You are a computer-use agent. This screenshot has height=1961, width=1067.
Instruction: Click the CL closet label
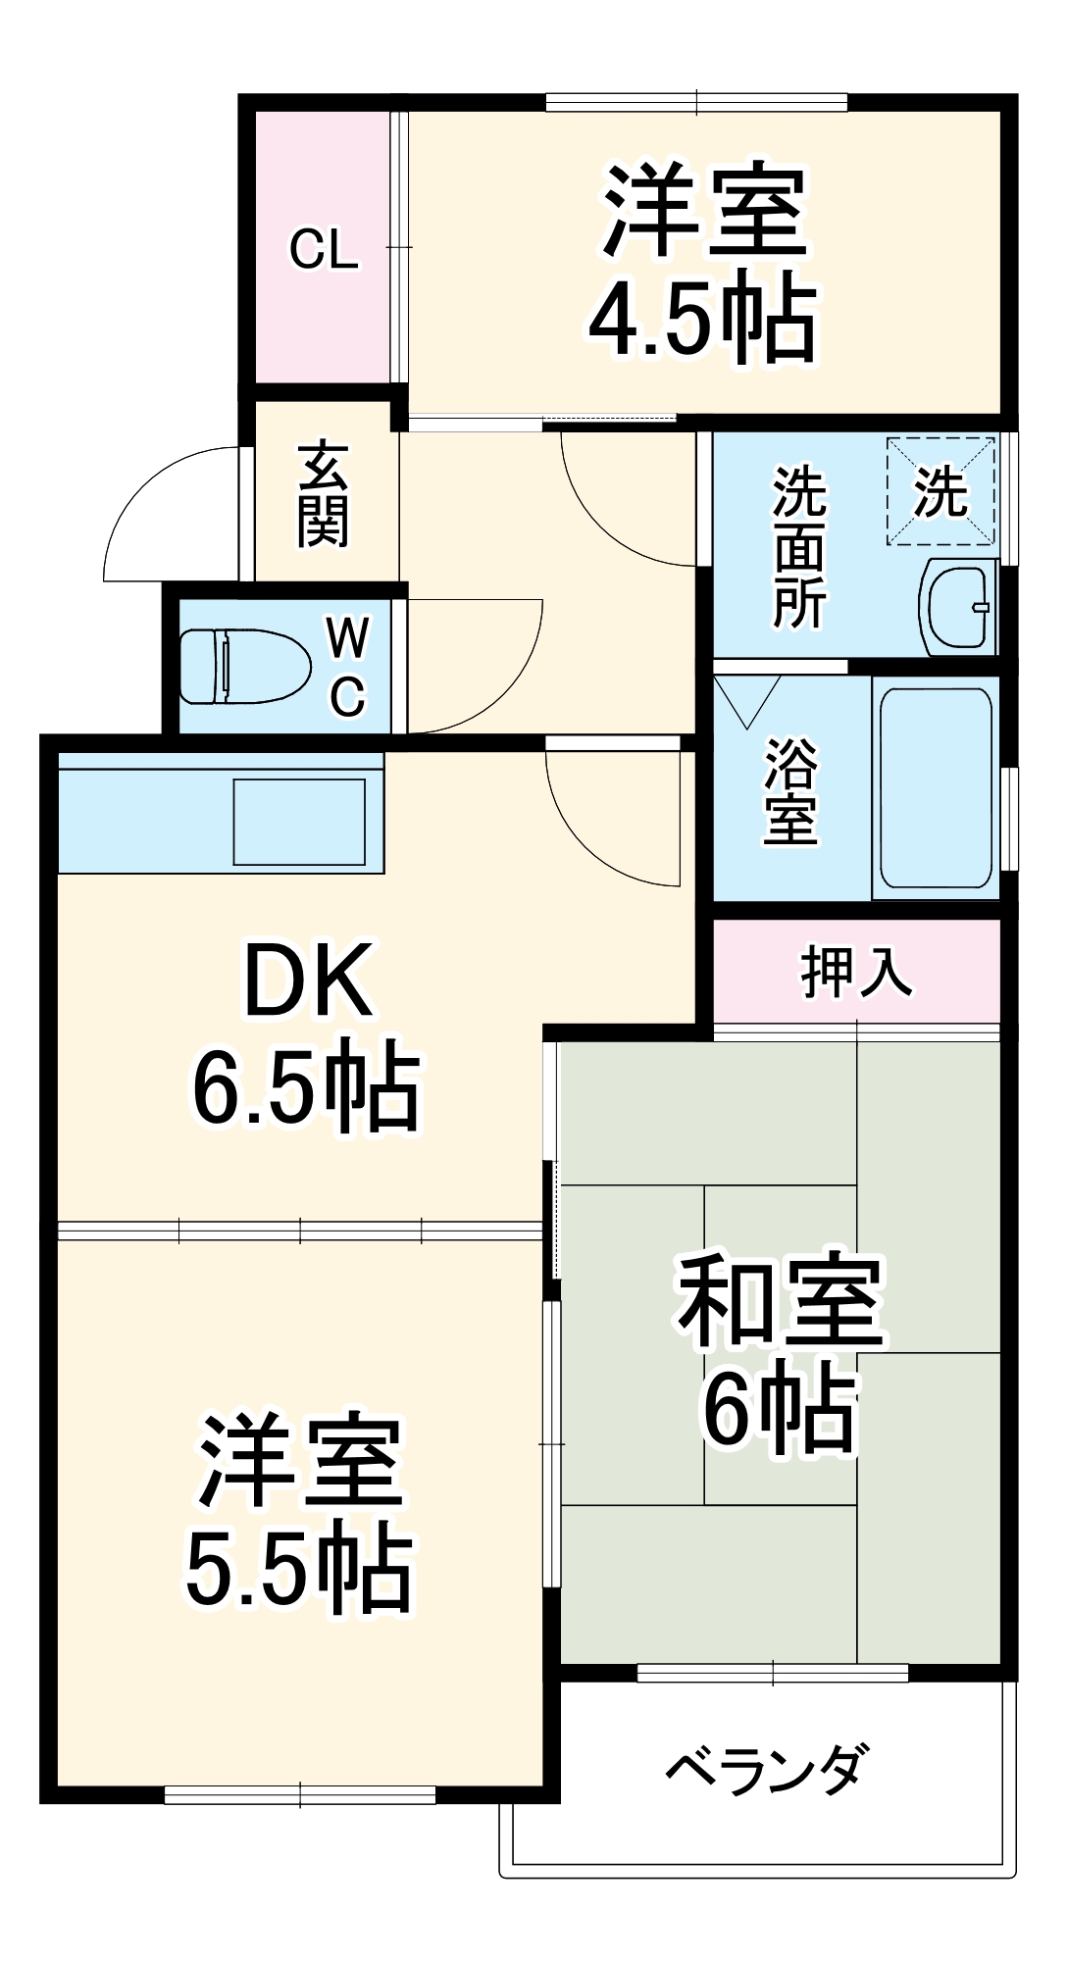(324, 250)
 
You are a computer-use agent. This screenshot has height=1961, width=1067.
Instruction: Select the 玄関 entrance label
(324, 494)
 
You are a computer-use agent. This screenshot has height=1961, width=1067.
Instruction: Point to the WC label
(347, 667)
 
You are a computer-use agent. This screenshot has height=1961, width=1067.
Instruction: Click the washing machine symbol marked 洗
(940, 491)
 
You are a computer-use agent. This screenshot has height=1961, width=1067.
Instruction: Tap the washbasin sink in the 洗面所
(957, 608)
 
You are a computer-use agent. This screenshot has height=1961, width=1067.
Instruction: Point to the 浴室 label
(790, 789)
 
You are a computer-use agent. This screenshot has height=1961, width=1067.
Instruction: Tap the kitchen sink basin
(299, 822)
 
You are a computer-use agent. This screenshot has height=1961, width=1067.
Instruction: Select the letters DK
(308, 980)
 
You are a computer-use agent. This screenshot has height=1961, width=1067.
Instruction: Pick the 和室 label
(781, 1299)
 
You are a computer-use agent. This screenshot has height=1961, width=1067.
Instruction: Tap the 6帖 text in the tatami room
(781, 1407)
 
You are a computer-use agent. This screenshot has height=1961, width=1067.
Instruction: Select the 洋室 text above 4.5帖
(704, 211)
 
